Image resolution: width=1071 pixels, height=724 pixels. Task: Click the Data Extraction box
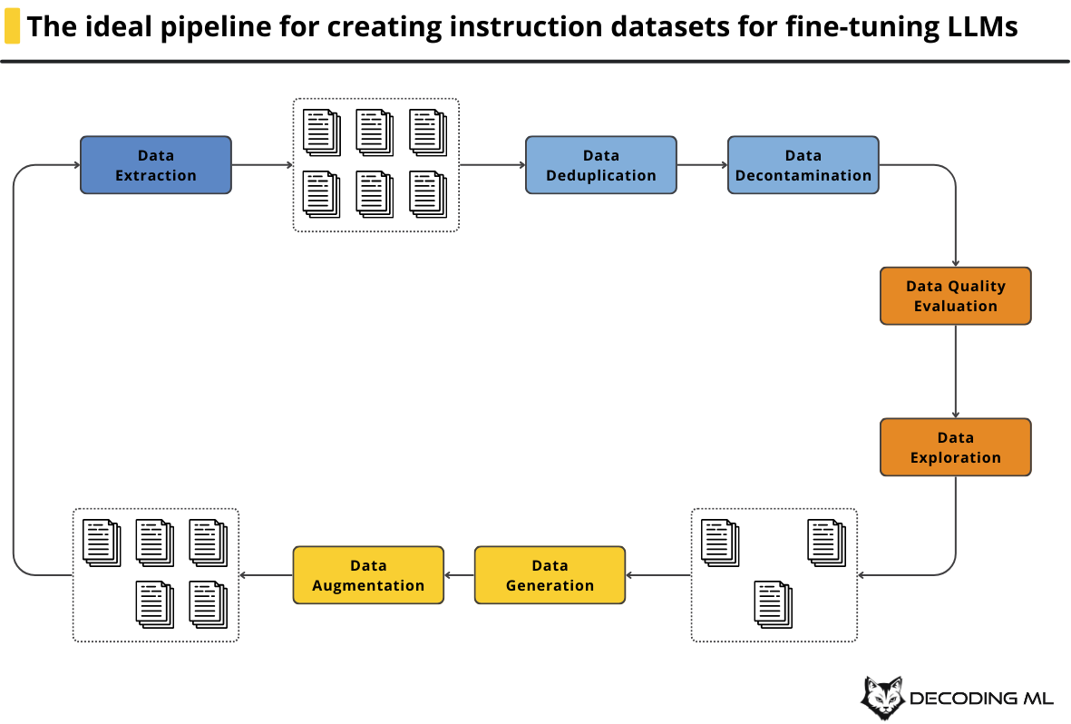(x=156, y=165)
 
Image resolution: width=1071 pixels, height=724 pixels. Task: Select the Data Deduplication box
(x=601, y=165)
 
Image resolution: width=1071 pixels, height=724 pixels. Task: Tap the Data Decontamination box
(x=803, y=165)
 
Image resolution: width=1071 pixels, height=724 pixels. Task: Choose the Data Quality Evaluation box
(x=956, y=296)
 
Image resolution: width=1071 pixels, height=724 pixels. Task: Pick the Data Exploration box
(x=956, y=447)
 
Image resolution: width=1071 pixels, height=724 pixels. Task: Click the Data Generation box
(x=550, y=575)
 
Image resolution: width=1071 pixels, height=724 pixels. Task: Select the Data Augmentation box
(x=368, y=575)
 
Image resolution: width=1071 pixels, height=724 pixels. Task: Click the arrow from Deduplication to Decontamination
(x=702, y=165)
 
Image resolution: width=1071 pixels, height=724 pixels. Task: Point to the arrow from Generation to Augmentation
(x=459, y=575)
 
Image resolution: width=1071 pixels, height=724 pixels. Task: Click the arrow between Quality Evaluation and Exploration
(x=956, y=371)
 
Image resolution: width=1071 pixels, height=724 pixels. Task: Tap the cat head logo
(x=882, y=698)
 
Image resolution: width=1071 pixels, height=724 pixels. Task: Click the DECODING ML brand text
(x=981, y=698)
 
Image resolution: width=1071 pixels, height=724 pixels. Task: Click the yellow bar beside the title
(x=12, y=26)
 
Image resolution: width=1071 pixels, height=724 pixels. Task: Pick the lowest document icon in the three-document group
(x=774, y=604)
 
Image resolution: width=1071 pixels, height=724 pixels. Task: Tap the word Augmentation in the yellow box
(x=368, y=586)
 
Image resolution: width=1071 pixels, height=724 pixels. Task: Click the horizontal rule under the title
(x=535, y=62)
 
